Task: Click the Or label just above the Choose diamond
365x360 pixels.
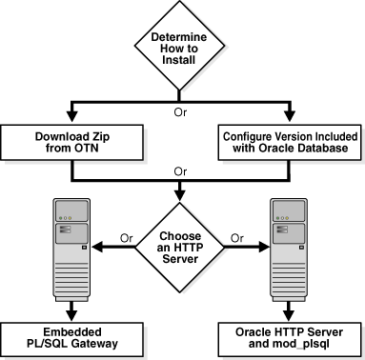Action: coord(181,171)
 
